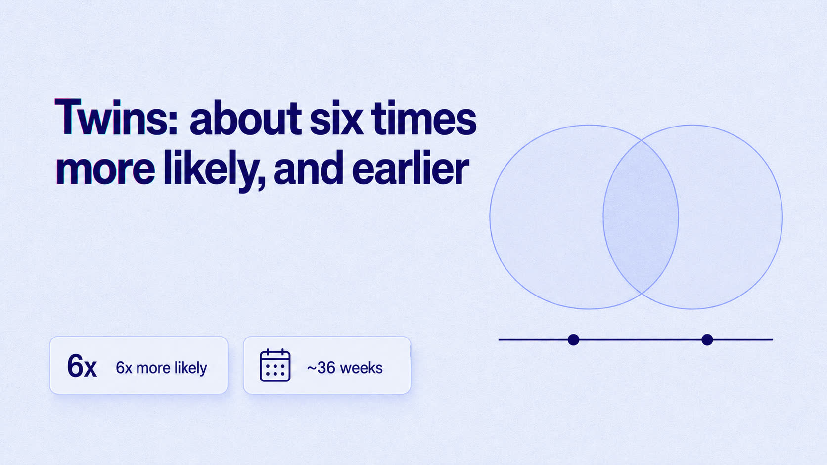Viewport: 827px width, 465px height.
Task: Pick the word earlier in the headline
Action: pyautogui.click(x=411, y=168)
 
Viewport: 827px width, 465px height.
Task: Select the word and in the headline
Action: pyautogui.click(x=309, y=168)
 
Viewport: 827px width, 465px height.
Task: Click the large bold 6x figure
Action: pyautogui.click(x=82, y=366)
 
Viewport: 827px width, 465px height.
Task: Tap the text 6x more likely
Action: pyautogui.click(x=161, y=368)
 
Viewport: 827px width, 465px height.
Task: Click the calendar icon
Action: pyautogui.click(x=275, y=365)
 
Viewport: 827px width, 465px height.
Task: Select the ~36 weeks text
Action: pyautogui.click(x=344, y=368)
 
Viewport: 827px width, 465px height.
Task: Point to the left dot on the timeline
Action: pyautogui.click(x=573, y=339)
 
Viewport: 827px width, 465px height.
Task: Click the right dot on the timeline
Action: pyautogui.click(x=707, y=339)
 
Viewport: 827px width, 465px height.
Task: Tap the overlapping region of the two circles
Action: pyautogui.click(x=641, y=217)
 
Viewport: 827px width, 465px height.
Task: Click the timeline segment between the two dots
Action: pyautogui.click(x=640, y=339)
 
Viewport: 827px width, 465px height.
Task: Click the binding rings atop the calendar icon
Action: pyautogui.click(x=275, y=352)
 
